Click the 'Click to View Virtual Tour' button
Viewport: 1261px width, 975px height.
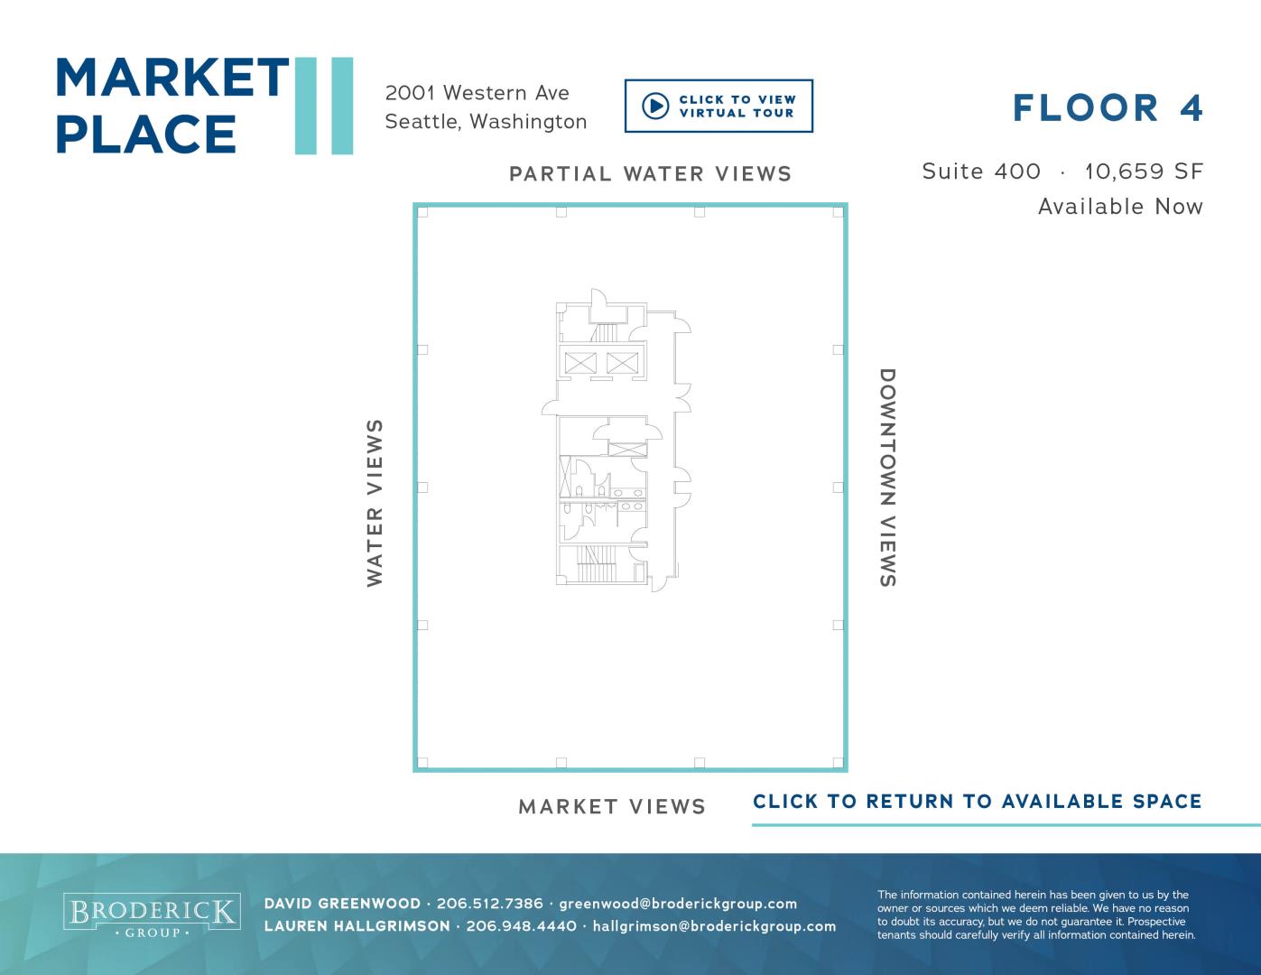click(719, 107)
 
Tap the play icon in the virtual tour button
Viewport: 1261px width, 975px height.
click(655, 107)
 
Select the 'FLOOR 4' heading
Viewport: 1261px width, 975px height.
click(1108, 108)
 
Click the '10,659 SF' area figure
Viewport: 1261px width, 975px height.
click(1144, 172)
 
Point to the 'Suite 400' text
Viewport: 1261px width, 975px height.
click(981, 172)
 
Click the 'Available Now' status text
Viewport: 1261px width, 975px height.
click(1120, 207)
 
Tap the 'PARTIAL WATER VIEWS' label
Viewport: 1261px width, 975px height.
click(651, 174)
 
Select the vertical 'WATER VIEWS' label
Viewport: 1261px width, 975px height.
click(375, 503)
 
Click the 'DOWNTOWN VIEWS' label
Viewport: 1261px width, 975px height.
click(888, 478)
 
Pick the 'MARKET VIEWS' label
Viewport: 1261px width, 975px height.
click(612, 807)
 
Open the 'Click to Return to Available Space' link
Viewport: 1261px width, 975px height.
click(978, 802)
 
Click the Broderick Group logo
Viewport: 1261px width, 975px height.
click(152, 915)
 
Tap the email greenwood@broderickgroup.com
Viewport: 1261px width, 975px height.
click(678, 905)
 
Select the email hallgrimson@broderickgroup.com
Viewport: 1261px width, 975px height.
click(714, 926)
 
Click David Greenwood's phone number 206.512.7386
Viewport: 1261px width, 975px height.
click(490, 904)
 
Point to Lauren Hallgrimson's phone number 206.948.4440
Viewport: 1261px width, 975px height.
click(522, 926)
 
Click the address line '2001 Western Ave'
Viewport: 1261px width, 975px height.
click(477, 94)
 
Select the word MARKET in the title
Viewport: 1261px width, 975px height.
click(172, 78)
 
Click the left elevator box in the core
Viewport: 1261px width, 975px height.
click(580, 363)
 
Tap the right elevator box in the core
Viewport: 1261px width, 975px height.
click(622, 363)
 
